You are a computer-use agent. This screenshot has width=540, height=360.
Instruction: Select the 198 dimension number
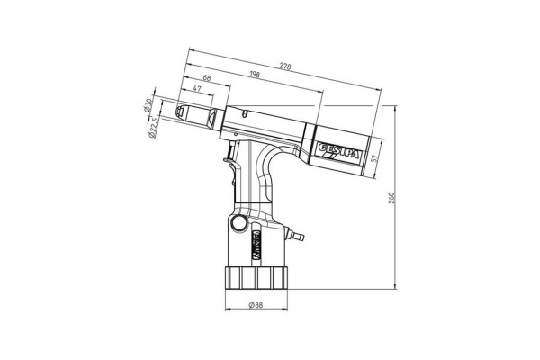point(251,76)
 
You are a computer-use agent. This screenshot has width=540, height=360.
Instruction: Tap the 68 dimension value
point(208,79)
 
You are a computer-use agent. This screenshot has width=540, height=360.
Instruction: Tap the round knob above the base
point(238,222)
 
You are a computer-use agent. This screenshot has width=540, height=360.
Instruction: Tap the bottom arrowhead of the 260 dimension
point(392,286)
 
